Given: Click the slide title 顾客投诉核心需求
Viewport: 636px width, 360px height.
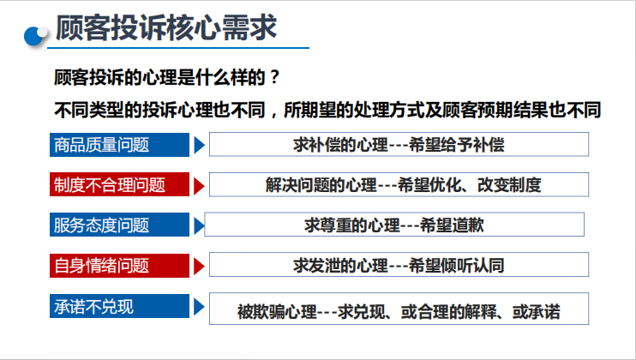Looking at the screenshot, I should [x=166, y=27].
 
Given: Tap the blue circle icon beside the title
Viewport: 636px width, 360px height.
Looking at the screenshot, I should [x=37, y=34].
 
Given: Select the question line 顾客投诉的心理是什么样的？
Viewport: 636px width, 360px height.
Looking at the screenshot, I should [x=167, y=78].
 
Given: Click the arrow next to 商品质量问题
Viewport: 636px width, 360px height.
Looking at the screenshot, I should [x=199, y=145].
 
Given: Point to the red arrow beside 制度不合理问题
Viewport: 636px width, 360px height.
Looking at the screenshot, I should [x=199, y=185].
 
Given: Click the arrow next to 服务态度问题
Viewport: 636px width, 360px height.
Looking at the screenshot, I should [x=199, y=225].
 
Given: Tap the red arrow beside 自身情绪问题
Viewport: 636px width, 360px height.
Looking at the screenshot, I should [x=199, y=266].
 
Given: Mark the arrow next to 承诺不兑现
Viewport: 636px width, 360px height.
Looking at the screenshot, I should [x=199, y=306].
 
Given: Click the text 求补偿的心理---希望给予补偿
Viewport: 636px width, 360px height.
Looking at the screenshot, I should [x=399, y=144].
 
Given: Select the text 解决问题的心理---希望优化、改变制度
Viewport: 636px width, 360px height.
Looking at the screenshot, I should [x=399, y=184].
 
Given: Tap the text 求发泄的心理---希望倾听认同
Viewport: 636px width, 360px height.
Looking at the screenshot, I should [x=399, y=265].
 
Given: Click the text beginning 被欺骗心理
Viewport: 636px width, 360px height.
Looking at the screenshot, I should [x=399, y=310].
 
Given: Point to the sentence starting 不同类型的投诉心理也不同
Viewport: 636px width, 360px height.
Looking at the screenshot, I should [x=327, y=110].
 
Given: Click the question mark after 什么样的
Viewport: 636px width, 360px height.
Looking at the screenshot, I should [x=274, y=78].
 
